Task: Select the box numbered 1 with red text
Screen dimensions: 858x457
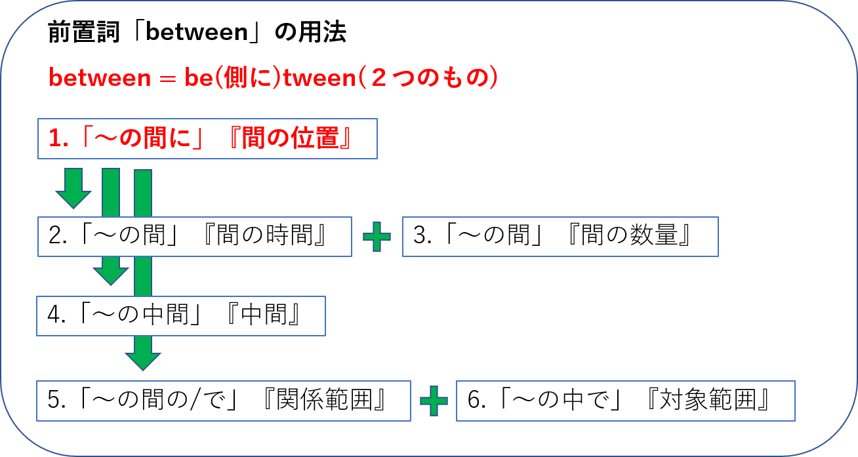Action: pyautogui.click(x=207, y=138)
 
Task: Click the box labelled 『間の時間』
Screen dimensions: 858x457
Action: pyautogui.click(x=194, y=236)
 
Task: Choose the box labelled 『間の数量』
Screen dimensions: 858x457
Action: pyautogui.click(x=560, y=236)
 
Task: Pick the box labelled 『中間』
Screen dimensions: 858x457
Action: pyautogui.click(x=181, y=315)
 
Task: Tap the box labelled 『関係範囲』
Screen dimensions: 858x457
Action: pyautogui.click(x=224, y=400)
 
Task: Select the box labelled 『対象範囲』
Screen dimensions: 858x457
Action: pyautogui.click(x=625, y=400)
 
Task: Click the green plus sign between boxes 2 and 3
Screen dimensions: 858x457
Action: pyautogui.click(x=377, y=237)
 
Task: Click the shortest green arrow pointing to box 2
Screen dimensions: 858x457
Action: pyautogui.click(x=73, y=188)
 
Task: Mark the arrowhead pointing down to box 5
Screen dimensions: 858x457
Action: pyautogui.click(x=143, y=357)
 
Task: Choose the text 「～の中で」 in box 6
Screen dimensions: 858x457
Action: pyautogui.click(x=560, y=400)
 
